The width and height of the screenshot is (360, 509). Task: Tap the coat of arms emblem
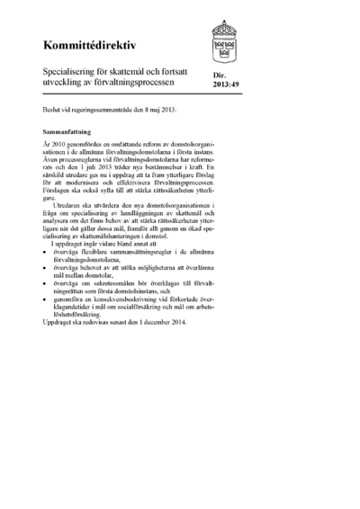point(223,39)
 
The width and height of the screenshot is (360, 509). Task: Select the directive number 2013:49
point(226,87)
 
